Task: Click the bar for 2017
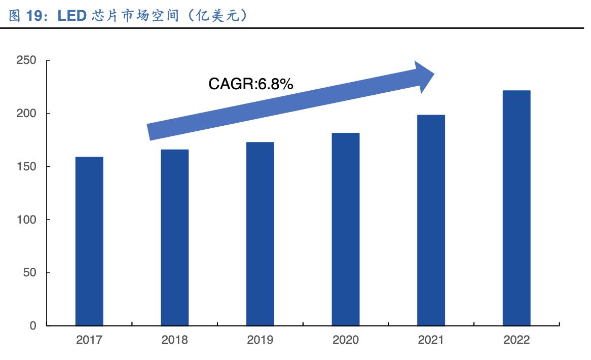89,241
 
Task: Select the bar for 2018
174,237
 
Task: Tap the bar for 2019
260,234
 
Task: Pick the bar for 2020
346,229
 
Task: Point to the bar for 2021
431,220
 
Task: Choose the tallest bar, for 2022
516,208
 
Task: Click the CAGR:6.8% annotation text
250,84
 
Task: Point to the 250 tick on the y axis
26,60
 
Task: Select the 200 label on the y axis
26,114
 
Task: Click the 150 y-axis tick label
26,167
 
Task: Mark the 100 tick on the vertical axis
26,220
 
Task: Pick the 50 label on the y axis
29,273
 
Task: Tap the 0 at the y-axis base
33,326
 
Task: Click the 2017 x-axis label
89,340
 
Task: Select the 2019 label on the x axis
260,340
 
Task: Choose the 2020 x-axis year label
346,340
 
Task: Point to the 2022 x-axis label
516,340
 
